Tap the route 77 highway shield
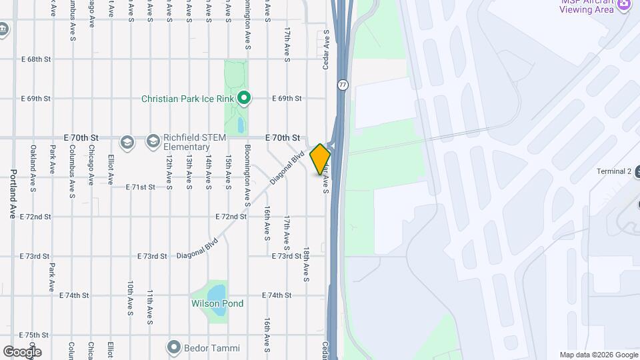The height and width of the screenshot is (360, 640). pos(343,85)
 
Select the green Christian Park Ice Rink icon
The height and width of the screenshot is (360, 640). pos(244,99)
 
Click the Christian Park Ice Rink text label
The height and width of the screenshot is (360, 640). pos(187,99)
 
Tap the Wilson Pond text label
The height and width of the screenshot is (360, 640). pos(217,304)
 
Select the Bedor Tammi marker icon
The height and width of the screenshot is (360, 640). pos(174,347)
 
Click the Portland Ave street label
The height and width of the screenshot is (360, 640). pos(13,193)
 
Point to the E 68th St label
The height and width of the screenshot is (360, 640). pos(36,59)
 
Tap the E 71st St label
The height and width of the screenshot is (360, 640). pos(141,187)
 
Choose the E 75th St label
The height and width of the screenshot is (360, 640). pos(35,335)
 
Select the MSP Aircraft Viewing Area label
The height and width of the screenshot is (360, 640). pos(587,6)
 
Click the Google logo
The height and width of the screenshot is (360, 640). pos(22,352)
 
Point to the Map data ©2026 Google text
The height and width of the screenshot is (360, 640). pos(598,355)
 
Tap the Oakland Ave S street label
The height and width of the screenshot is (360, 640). pos(32,176)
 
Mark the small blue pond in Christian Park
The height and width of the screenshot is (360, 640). pos(240,124)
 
